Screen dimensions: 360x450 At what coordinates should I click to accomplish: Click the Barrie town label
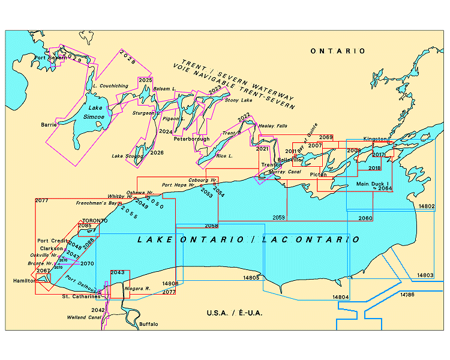click(x=49, y=125)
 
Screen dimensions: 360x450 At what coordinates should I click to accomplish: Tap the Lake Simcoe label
click(x=94, y=112)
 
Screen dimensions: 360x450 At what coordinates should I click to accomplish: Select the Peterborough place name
click(x=191, y=139)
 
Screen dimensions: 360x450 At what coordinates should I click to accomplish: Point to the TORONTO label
click(x=95, y=221)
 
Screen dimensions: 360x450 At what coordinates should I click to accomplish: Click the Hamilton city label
click(x=23, y=280)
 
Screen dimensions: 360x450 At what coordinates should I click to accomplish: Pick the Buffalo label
click(x=148, y=324)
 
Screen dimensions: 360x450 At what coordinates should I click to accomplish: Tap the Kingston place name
click(x=375, y=139)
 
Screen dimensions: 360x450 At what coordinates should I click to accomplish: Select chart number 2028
click(x=128, y=58)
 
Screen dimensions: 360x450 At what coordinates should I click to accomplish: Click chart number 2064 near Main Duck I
click(x=385, y=188)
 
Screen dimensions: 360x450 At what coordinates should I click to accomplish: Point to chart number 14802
click(x=426, y=206)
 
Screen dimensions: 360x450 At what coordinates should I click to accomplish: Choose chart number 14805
click(x=251, y=278)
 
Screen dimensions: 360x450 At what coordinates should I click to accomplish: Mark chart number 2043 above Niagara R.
click(x=118, y=272)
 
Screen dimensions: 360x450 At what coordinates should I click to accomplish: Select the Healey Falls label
click(x=273, y=126)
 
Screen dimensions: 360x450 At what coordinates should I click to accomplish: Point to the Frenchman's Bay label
click(x=95, y=203)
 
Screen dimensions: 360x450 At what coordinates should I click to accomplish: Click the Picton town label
click(x=319, y=175)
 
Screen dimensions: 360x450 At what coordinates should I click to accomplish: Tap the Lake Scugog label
click(x=127, y=156)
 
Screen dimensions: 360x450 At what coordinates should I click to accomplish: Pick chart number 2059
click(x=278, y=217)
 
